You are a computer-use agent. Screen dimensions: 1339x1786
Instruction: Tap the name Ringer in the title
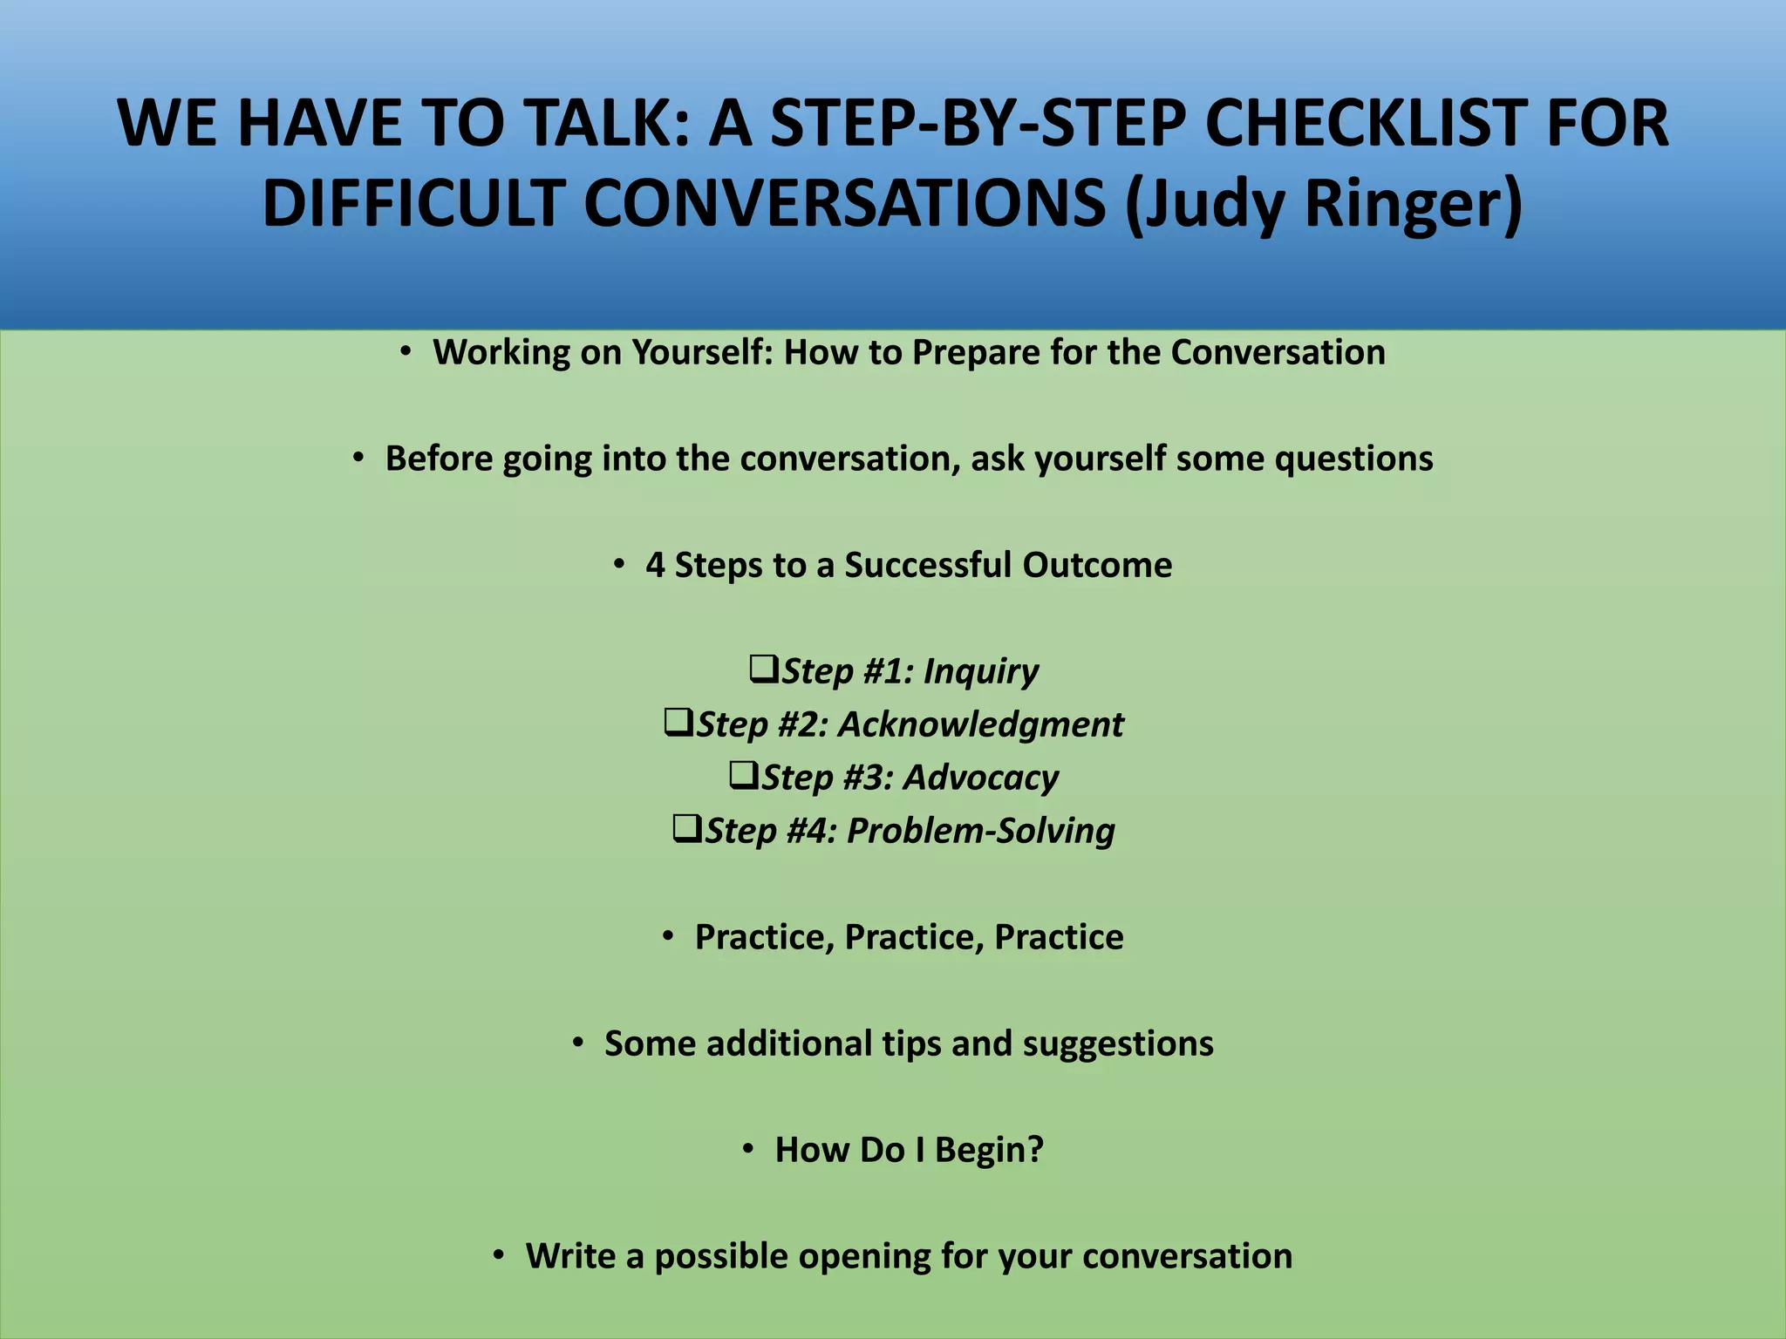pos(1413,203)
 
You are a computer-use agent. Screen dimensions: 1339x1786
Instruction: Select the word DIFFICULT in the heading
pos(412,203)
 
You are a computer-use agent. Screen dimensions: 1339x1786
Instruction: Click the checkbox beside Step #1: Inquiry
pos(764,669)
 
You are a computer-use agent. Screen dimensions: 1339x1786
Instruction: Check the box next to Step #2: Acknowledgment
pos(678,723)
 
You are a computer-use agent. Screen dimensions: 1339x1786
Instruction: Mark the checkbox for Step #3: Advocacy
pos(744,776)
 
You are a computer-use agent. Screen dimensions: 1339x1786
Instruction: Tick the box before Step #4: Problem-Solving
pos(687,829)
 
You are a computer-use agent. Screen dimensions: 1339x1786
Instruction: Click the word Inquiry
pos(981,671)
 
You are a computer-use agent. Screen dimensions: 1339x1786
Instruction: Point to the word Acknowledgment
pos(981,724)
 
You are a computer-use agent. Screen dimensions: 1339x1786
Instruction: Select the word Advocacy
pos(981,778)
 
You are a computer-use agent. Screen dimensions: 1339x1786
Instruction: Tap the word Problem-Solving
pos(981,831)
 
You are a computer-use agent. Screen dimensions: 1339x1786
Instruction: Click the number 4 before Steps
pos(655,565)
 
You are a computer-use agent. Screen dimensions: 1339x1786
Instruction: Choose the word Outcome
pos(1097,565)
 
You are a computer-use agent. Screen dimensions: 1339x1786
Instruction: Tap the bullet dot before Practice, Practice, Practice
pos(668,936)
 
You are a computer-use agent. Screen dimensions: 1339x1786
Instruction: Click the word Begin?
pos(989,1150)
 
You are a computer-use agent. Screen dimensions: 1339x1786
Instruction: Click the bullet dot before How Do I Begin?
pos(748,1149)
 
